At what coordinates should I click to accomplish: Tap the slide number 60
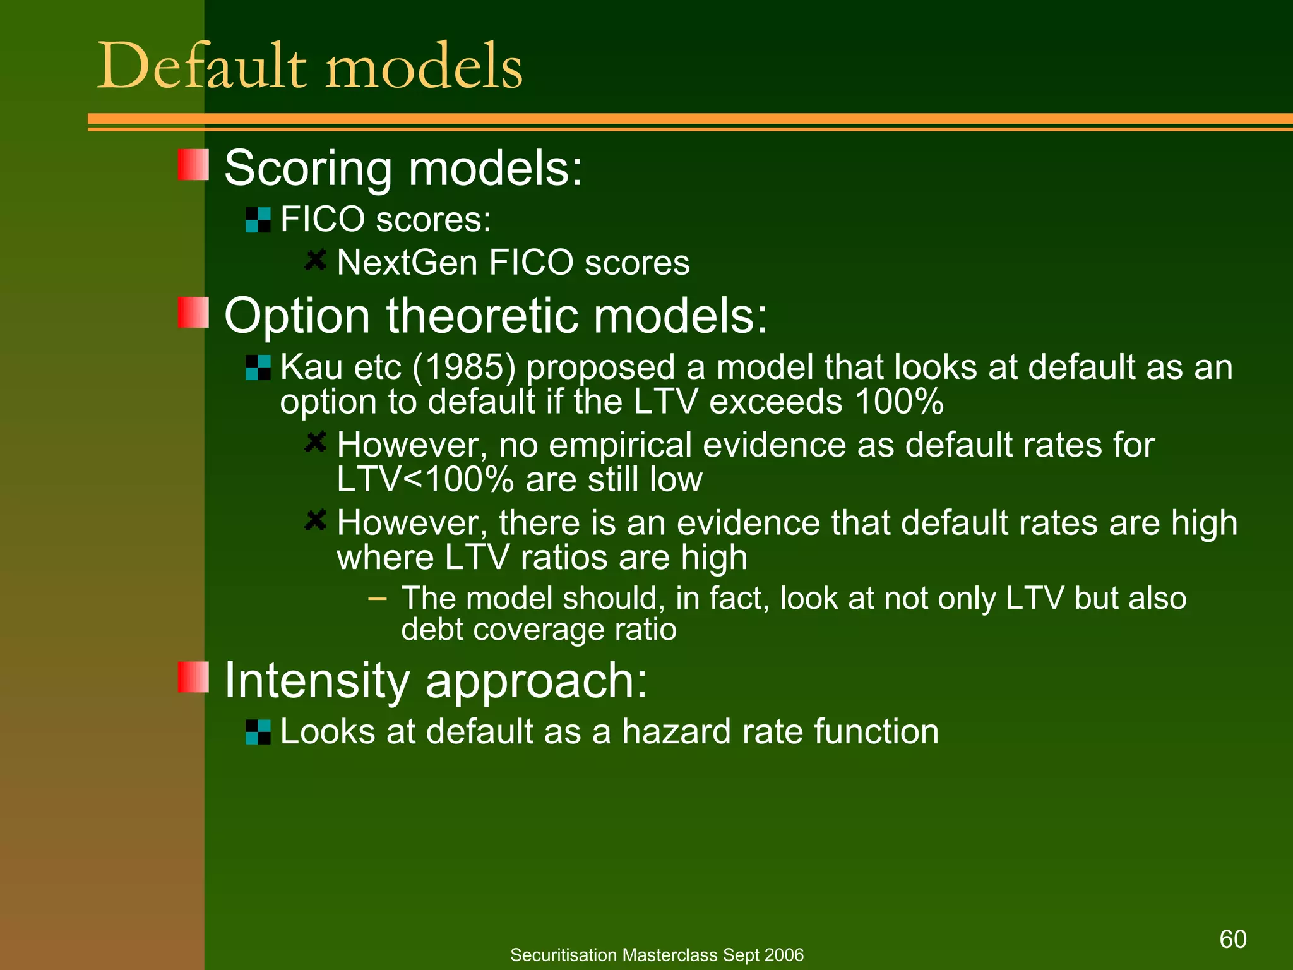pos(1232,939)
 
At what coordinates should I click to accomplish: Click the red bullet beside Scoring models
pos(193,165)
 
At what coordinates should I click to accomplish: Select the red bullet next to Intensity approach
pos(193,677)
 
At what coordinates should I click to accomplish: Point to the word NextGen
pos(407,263)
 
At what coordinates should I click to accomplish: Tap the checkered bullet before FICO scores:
pos(258,220)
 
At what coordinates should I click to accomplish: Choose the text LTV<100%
pos(425,479)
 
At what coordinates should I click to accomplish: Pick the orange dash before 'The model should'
pos(377,597)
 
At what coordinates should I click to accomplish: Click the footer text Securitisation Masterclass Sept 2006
pos(657,955)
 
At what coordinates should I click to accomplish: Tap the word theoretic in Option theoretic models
pos(482,315)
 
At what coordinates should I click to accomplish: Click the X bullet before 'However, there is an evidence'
pos(315,521)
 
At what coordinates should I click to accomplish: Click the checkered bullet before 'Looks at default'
pos(258,732)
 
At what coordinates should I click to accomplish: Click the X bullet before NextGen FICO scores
pos(315,260)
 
